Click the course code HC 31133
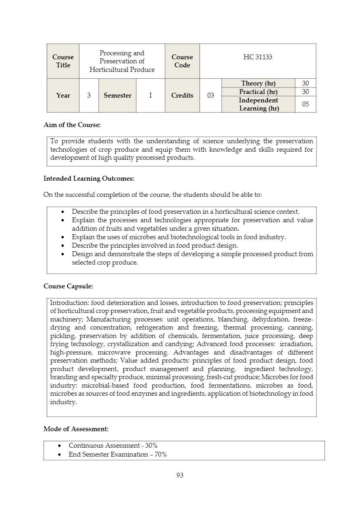coord(258,57)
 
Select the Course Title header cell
coord(63,61)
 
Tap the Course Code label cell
coord(182,61)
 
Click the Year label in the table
coord(63,96)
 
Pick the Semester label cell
coord(117,96)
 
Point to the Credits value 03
coord(210,96)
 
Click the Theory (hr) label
coord(258,83)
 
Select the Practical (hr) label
coord(258,92)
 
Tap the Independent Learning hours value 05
coord(306,104)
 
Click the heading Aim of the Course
coord(72,125)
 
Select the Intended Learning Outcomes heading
coord(89,178)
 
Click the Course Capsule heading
coord(68,286)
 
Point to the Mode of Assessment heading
coord(76,429)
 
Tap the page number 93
coord(180,476)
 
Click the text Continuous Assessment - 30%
coord(113,446)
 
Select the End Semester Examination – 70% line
coord(117,455)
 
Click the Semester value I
coord(150,96)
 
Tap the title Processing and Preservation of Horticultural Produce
coord(122,61)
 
